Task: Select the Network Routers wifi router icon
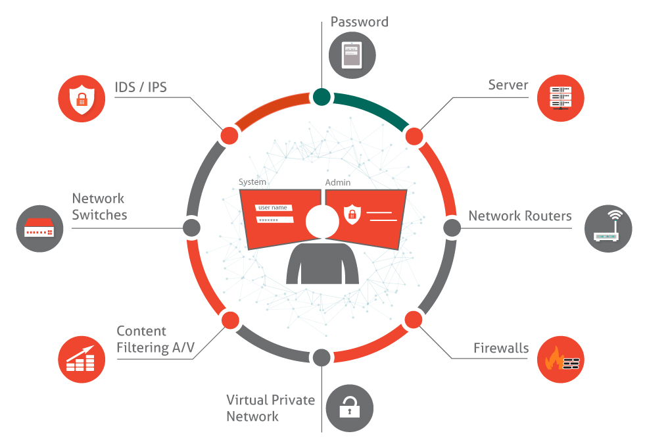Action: (608, 229)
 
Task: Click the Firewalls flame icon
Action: (561, 360)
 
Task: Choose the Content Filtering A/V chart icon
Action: (82, 359)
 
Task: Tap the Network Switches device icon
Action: (39, 228)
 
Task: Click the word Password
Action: (359, 22)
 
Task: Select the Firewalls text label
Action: (501, 348)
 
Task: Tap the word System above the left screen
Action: (252, 182)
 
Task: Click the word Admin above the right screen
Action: (338, 182)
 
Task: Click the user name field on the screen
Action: (274, 208)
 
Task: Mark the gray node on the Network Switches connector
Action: (191, 228)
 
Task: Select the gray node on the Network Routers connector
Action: (452, 228)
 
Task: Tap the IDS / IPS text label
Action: (141, 87)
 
